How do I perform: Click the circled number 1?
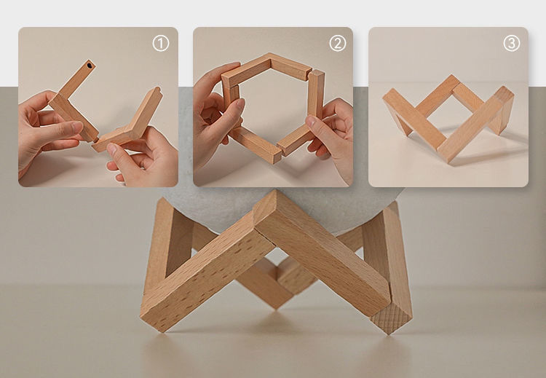[161, 44]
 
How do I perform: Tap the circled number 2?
[337, 44]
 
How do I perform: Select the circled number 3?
[512, 44]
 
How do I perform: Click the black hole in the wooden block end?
[90, 65]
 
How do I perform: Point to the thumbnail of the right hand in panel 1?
[111, 149]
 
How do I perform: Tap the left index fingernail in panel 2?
[241, 103]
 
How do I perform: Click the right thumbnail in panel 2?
[311, 121]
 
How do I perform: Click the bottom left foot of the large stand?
[153, 320]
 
